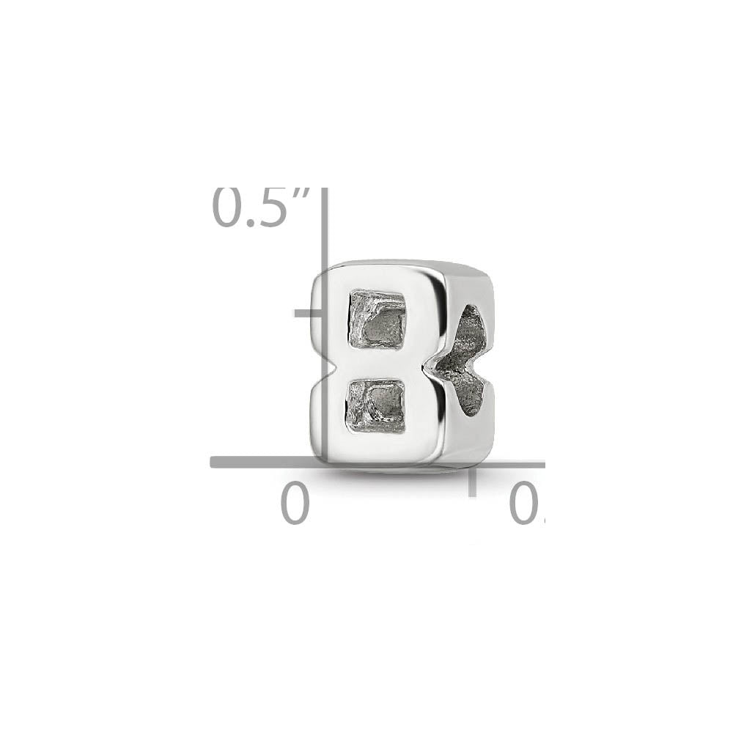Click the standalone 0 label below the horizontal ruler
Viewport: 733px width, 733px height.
(295, 505)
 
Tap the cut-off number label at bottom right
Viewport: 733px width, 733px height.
(526, 505)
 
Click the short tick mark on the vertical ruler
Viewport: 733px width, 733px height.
(308, 313)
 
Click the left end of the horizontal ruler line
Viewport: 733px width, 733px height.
(214, 462)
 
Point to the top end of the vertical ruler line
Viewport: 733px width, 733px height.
(323, 192)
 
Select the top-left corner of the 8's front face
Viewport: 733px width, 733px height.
(320, 273)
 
